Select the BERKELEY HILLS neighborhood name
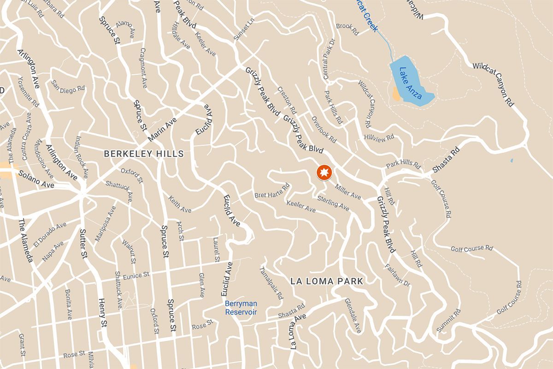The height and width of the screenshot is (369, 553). (144, 154)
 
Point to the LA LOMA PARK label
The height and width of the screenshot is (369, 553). (327, 281)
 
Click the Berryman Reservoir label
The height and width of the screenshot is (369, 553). (241, 308)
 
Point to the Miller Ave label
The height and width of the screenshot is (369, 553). (348, 193)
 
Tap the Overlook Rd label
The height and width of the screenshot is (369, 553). (324, 130)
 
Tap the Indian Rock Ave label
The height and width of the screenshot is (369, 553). (82, 157)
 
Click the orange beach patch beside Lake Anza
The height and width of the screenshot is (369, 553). (396, 94)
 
